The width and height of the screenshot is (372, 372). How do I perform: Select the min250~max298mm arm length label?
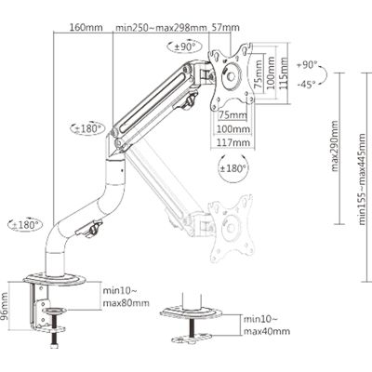click(x=160, y=29)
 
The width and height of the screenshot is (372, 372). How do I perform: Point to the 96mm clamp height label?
click(x=7, y=304)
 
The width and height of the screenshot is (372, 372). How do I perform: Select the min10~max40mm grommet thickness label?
click(x=266, y=325)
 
